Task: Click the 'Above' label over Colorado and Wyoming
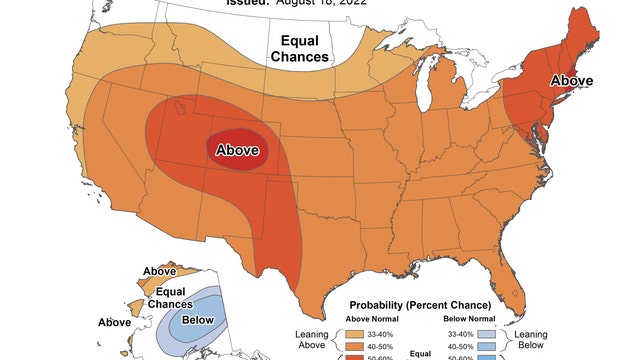click(238, 150)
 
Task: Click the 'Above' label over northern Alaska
click(160, 271)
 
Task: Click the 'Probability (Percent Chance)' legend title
click(419, 304)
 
